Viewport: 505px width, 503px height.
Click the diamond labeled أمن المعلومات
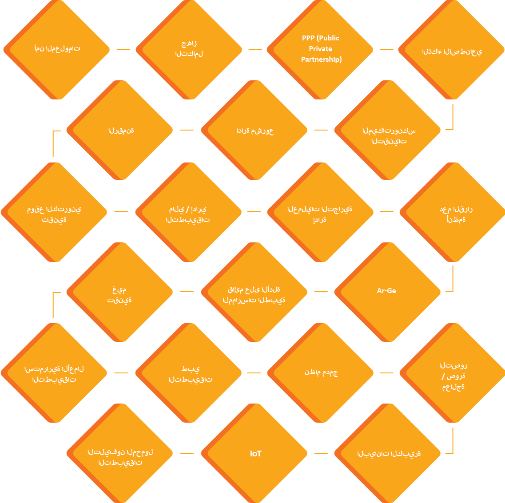(57, 50)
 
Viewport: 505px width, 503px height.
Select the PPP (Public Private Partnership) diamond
(320, 50)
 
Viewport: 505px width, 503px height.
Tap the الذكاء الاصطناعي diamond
(452, 50)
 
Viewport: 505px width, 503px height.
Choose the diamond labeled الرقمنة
(120, 130)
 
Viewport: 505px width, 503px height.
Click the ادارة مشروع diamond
(254, 130)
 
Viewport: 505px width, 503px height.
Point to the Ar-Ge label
(386, 290)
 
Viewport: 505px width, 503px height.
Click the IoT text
(256, 453)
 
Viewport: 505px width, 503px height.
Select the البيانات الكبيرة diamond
(388, 453)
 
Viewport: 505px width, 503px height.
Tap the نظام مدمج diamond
(321, 373)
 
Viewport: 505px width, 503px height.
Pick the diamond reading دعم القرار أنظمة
(453, 212)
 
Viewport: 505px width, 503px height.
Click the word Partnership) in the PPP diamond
(322, 59)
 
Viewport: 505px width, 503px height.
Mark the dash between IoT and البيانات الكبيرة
(321, 453)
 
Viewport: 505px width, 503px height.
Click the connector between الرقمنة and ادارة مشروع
(187, 130)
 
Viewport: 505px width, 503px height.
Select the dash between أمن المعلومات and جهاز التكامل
(123, 50)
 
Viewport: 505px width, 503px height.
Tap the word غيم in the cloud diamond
(119, 290)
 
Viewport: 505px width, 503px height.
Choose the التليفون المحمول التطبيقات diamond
(120, 453)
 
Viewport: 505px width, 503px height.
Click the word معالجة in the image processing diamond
(453, 387)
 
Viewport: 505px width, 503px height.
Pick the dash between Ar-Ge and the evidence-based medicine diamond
(321, 291)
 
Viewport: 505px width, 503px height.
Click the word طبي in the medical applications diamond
(191, 369)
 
